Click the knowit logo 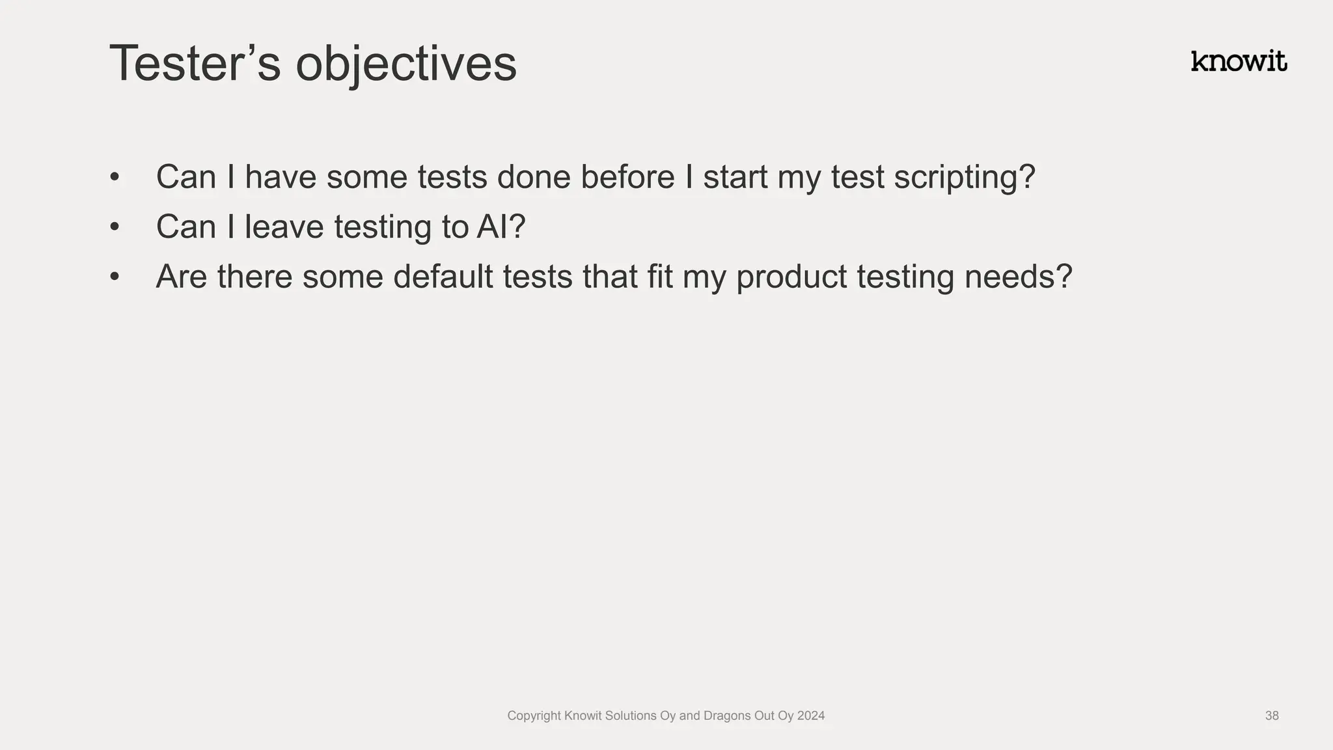(1238, 61)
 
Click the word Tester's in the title (195, 64)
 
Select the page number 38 (1271, 715)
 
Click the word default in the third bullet (443, 276)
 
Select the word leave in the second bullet (284, 227)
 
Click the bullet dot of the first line (115, 177)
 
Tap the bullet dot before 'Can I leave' (115, 227)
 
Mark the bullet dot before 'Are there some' (115, 277)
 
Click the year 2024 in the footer (810, 715)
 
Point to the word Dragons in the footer (726, 715)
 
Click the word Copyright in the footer (533, 715)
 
